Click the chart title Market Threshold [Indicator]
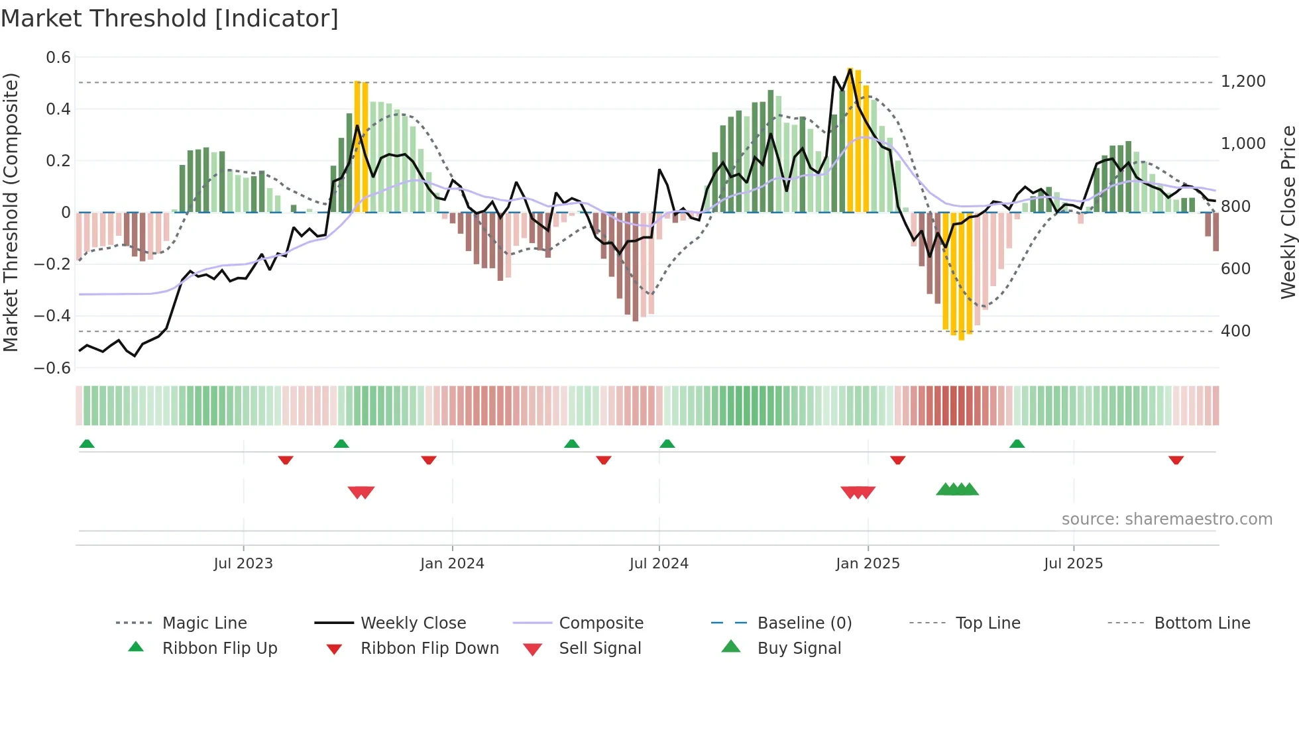click(x=170, y=19)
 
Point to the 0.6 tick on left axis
click(x=58, y=58)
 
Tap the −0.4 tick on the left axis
click(x=52, y=316)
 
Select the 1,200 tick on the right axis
click(x=1243, y=81)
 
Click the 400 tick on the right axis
click(x=1236, y=331)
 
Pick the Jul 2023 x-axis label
click(x=243, y=564)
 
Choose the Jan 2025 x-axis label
click(x=868, y=564)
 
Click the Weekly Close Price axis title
click(x=1288, y=212)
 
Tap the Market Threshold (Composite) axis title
click(x=11, y=212)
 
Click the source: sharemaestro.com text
click(x=1166, y=519)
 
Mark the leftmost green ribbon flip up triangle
click(x=87, y=444)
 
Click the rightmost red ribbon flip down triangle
click(x=1176, y=460)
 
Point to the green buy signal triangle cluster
click(x=957, y=490)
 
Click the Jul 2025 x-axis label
click(x=1073, y=564)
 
